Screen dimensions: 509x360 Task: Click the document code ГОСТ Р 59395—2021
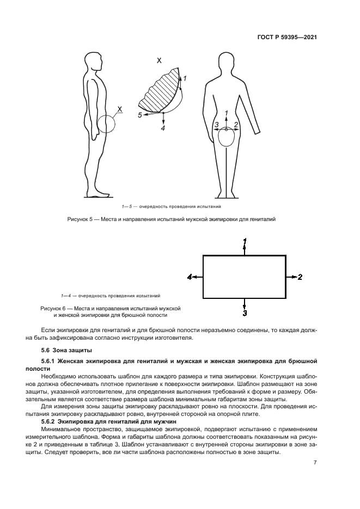coord(287,38)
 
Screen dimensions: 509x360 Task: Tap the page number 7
coord(315,462)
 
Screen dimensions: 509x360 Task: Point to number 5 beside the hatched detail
coord(140,115)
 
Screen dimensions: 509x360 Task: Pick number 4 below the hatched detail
coord(163,128)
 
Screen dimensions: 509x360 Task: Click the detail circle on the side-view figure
coord(108,124)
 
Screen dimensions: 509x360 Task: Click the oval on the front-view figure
coord(227,139)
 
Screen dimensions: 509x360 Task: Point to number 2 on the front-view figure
coord(236,125)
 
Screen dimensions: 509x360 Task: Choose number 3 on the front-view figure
coord(216,125)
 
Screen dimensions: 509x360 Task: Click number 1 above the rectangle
coord(245,241)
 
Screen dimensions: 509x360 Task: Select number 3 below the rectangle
coord(245,314)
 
